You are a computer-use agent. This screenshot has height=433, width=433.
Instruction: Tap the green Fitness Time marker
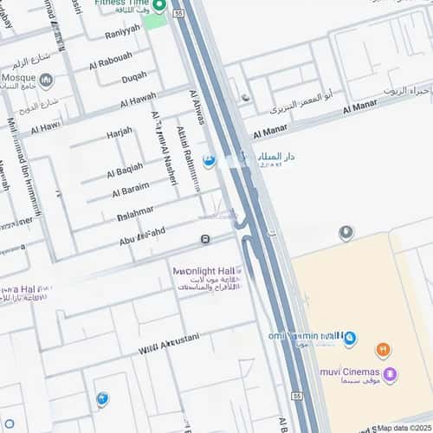[158, 6]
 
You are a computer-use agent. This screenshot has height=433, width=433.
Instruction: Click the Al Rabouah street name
[111, 61]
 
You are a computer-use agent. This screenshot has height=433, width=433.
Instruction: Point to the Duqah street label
[133, 78]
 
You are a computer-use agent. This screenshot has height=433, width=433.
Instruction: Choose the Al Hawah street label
[138, 99]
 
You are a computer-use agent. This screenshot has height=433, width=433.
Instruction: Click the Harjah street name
[120, 132]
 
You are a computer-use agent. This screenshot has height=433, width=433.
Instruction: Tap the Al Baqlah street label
[125, 168]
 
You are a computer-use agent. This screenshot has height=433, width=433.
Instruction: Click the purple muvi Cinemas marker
[390, 375]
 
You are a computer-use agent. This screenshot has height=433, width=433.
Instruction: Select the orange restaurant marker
[384, 350]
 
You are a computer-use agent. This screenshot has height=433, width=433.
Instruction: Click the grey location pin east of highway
[346, 232]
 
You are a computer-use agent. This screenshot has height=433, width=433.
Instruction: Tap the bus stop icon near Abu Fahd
[205, 239]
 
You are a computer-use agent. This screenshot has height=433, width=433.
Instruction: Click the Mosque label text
[18, 66]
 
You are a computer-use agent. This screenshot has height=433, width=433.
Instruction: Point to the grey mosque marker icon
[47, 81]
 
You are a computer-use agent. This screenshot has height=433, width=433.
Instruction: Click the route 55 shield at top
[178, 14]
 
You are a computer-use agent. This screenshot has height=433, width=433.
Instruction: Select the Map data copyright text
[403, 428]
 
